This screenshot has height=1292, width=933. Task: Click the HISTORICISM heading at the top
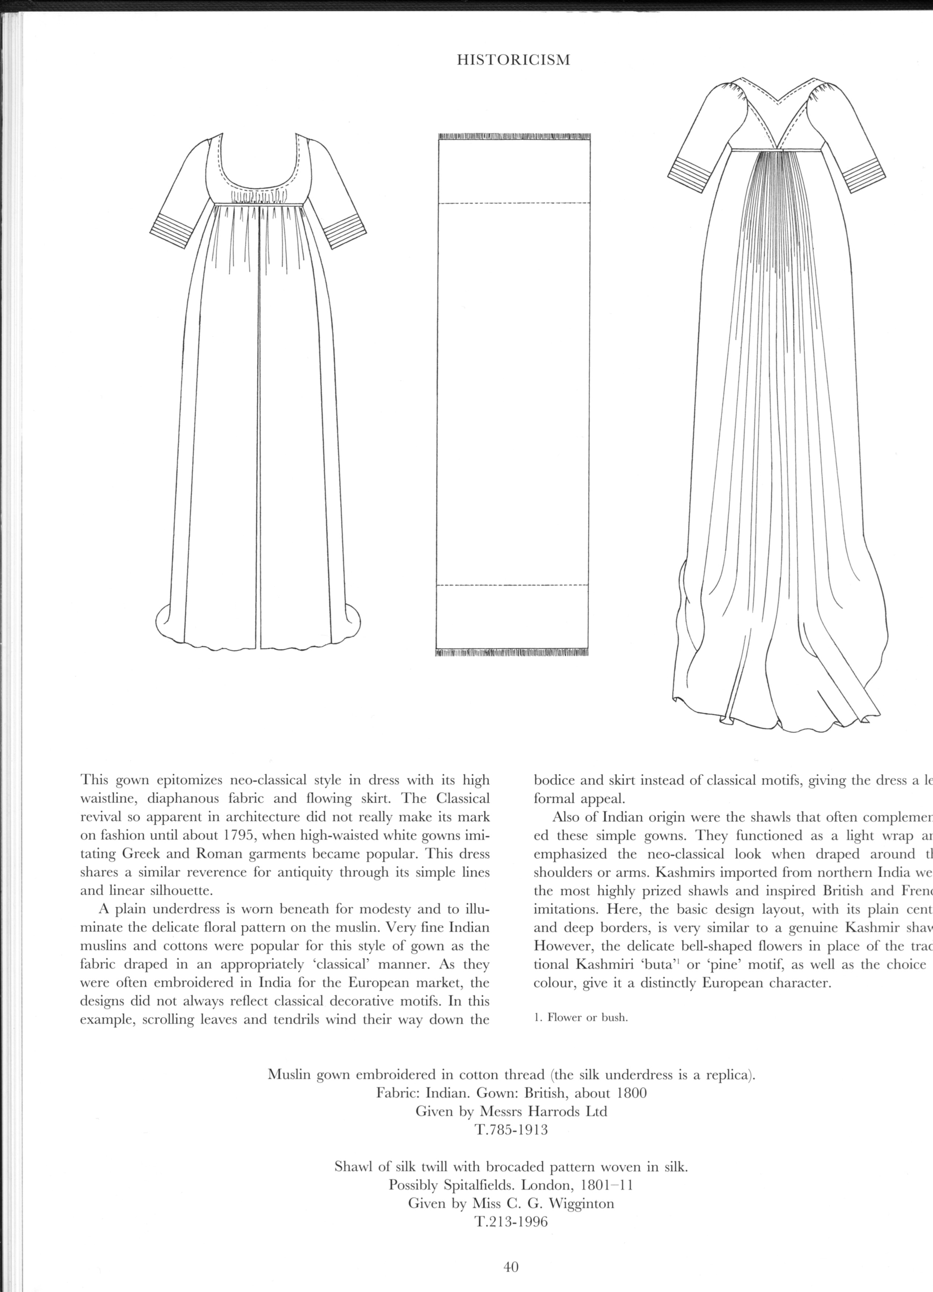tap(514, 60)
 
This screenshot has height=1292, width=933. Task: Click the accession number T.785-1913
tap(511, 1130)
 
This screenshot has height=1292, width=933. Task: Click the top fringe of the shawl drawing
tap(514, 137)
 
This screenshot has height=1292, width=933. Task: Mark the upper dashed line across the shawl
tap(514, 203)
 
